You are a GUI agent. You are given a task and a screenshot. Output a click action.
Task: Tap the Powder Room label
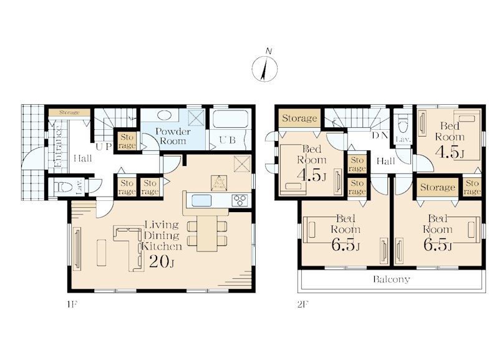point(173,136)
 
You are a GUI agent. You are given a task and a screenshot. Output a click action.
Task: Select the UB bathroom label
point(227,140)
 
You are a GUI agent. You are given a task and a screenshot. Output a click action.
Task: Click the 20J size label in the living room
point(162,261)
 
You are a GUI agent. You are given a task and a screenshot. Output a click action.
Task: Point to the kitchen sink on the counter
point(201,200)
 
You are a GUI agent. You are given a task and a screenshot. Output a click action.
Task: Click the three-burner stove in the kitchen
point(240,200)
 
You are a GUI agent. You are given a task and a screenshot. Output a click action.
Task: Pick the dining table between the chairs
point(207,233)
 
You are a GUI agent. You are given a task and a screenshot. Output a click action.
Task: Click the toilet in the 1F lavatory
point(63,187)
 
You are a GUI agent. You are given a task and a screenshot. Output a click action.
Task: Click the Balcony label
point(392,280)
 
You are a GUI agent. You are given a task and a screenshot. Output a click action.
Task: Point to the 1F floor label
point(72,304)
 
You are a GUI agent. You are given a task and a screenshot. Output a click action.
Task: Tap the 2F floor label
point(303,304)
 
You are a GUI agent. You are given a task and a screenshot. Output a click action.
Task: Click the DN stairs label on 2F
point(380,135)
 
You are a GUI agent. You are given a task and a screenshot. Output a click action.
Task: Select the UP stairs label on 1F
point(104,147)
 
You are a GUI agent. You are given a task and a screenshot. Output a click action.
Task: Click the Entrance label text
point(58,147)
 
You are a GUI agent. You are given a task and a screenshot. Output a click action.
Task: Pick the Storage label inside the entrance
point(69,112)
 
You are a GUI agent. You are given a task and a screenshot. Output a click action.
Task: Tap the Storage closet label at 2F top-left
point(299,119)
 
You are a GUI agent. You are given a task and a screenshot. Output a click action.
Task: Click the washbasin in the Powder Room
point(165,115)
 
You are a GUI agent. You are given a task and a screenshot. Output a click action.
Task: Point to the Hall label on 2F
point(385,161)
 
